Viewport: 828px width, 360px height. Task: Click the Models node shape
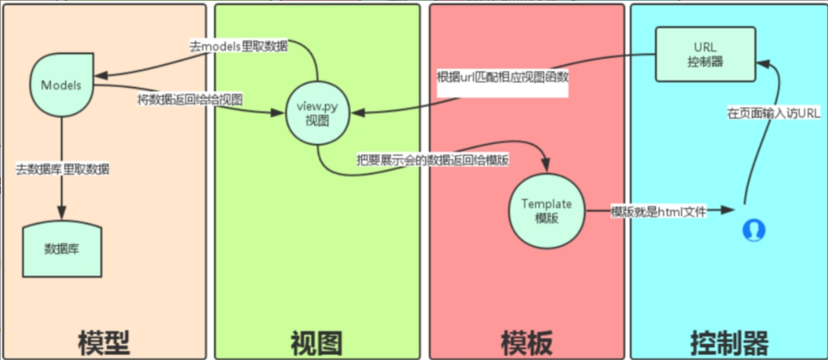tap(61, 86)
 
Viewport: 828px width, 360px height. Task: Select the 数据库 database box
tap(62, 250)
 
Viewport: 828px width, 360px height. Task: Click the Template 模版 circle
tap(547, 211)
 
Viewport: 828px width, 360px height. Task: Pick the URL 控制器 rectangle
tap(706, 54)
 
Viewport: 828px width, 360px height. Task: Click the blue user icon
tap(754, 230)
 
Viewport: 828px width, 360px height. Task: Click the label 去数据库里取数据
tap(63, 169)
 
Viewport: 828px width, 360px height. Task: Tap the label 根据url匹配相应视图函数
tap(502, 76)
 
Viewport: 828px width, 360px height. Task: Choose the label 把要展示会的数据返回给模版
tap(434, 161)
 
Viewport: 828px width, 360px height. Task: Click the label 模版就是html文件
tap(657, 211)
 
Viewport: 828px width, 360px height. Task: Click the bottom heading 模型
tap(103, 343)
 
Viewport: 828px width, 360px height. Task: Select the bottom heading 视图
tap(316, 343)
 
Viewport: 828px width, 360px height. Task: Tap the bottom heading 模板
tap(527, 343)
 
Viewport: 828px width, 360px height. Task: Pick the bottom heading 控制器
tap(729, 343)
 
